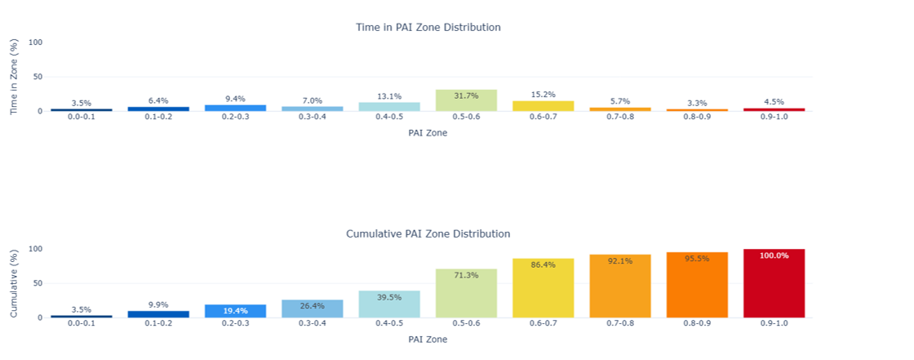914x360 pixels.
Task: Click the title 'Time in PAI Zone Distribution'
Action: (428, 28)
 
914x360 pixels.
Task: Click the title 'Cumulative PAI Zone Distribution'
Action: (428, 234)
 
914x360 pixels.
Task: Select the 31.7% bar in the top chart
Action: (466, 100)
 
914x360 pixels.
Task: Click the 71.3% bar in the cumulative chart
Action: (466, 293)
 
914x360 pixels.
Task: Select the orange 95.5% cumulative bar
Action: (697, 285)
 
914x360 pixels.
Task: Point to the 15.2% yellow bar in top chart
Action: (544, 106)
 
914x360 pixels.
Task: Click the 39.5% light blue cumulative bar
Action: (389, 304)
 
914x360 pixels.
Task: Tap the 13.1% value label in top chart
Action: (389, 96)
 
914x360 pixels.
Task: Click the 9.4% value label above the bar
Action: (235, 99)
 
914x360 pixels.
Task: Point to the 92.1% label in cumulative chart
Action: (620, 261)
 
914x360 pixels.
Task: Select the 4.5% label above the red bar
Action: (774, 102)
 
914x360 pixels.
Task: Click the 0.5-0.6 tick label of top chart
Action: (466, 118)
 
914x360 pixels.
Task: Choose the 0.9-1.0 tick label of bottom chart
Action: (774, 324)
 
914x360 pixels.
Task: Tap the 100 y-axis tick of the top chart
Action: (35, 42)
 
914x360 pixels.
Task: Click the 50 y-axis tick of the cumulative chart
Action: (38, 283)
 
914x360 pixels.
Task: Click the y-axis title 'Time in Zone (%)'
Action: (15, 77)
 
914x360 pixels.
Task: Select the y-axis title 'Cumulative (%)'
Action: (15, 282)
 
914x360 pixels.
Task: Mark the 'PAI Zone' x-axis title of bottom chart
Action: (428, 339)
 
